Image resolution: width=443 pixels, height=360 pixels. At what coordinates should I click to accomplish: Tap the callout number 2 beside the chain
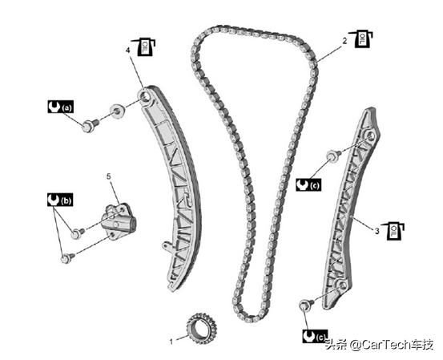point(344,41)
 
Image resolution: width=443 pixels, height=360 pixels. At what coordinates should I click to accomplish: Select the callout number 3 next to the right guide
point(377,231)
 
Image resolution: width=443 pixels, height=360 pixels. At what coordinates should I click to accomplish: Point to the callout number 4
point(128,51)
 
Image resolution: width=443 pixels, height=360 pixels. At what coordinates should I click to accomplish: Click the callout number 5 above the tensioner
point(109,176)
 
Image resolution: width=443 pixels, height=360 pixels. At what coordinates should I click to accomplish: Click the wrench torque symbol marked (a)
point(60,107)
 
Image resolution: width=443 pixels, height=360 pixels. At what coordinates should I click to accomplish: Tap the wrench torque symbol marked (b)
point(60,200)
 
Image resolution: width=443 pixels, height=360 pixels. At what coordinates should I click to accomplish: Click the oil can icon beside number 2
point(361,38)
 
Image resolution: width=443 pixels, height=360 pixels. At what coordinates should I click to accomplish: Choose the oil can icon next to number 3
point(393,232)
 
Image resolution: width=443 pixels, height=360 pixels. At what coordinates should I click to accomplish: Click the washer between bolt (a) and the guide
point(117,111)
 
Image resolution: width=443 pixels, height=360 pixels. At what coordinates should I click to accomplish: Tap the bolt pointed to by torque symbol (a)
point(91,125)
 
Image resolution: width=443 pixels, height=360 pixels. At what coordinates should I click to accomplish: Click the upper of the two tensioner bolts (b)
point(78,233)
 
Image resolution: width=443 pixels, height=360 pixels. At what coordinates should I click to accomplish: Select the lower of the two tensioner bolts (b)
point(67,258)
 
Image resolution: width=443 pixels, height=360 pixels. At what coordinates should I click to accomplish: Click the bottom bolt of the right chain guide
point(306,305)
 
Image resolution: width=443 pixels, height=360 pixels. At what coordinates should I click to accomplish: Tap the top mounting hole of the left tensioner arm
point(145,96)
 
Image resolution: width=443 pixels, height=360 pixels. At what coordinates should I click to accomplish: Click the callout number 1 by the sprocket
point(171,342)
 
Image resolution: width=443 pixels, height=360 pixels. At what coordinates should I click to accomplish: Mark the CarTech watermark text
point(379,345)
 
